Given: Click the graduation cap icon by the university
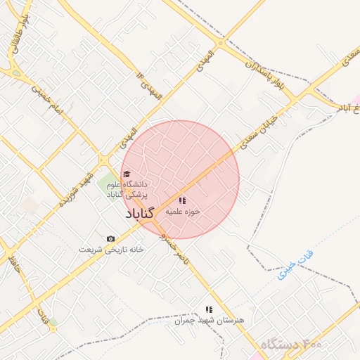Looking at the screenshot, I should coord(126,174).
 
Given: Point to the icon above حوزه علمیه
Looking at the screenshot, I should coord(183,200).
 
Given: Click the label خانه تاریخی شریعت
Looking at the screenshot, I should coord(110,249).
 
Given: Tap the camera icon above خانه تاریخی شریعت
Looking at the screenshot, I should coord(110,239).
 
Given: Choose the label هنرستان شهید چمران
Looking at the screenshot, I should coord(208,319).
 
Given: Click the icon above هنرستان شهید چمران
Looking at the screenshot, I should coord(208,309).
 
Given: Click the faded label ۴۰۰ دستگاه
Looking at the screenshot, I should coord(290,345).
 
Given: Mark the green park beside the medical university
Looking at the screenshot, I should coord(108,187).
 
